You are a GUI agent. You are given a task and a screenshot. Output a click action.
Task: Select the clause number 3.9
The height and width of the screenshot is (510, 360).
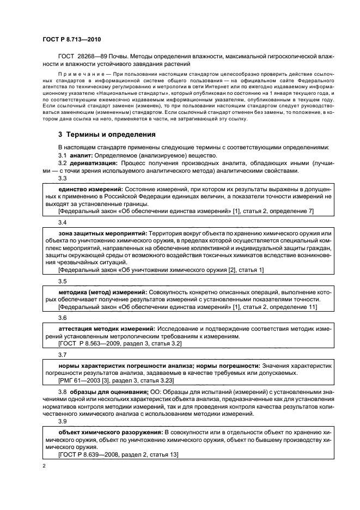(63, 421)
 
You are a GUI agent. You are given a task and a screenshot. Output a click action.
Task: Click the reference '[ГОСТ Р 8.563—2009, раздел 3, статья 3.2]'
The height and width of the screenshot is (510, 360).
(120, 344)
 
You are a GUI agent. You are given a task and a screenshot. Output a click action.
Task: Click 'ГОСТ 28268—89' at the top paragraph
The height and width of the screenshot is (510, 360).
(82, 56)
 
